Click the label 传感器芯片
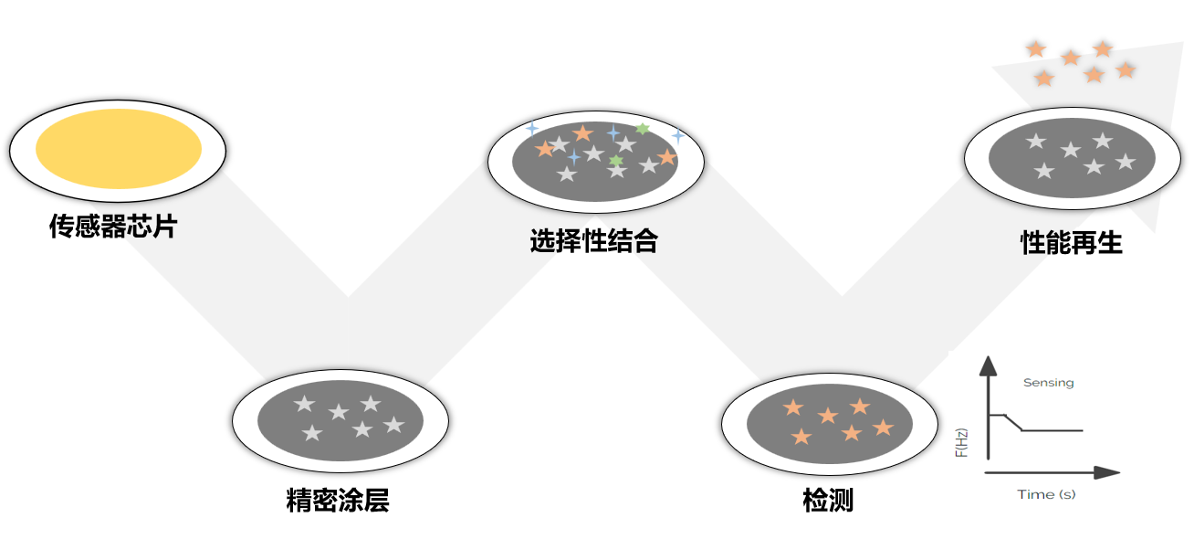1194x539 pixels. tap(112, 227)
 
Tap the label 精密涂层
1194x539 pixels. tap(338, 501)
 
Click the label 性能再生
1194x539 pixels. tap(1071, 243)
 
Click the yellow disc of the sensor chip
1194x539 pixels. tap(119, 149)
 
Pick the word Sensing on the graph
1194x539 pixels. tap(1048, 383)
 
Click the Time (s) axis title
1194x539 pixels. tap(1046, 494)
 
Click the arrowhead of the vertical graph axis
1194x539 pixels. tap(987, 366)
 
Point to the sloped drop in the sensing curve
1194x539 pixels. tap(1014, 423)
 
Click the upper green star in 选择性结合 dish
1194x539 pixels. tap(643, 129)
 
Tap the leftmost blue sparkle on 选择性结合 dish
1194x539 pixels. tap(531, 129)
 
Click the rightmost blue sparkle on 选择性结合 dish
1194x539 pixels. tap(677, 136)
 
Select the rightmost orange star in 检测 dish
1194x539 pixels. tap(883, 427)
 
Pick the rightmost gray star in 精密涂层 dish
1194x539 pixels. tap(393, 425)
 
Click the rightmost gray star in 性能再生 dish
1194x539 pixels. tap(1126, 162)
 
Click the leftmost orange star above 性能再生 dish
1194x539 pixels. tap(1035, 48)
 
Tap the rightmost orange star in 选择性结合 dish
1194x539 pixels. tap(667, 157)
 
